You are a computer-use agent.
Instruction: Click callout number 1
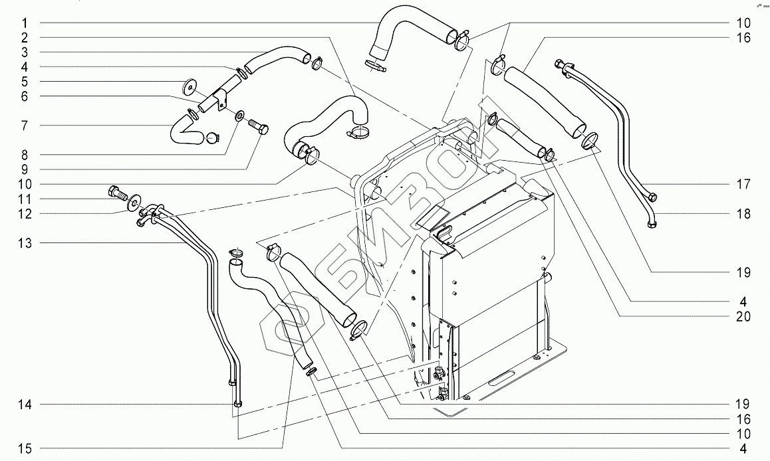pyautogui.click(x=23, y=23)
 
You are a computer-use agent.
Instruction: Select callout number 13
pyautogui.click(x=23, y=243)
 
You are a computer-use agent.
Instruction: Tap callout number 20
pyautogui.click(x=743, y=317)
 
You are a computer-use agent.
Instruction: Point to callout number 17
pyautogui.click(x=743, y=183)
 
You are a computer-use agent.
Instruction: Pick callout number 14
pyautogui.click(x=23, y=404)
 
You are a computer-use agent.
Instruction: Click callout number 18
pyautogui.click(x=743, y=214)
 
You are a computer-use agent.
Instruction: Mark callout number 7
pyautogui.click(x=23, y=125)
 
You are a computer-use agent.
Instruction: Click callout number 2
pyautogui.click(x=23, y=37)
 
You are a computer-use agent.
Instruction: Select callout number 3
pyautogui.click(x=23, y=52)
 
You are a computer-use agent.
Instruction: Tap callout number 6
pyautogui.click(x=23, y=96)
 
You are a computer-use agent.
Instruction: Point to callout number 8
pyautogui.click(x=23, y=154)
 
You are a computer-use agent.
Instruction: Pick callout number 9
pyautogui.click(x=23, y=169)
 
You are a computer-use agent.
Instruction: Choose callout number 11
pyautogui.click(x=23, y=199)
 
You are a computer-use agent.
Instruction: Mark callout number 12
pyautogui.click(x=23, y=213)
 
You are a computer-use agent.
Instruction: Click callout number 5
pyautogui.click(x=23, y=81)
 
